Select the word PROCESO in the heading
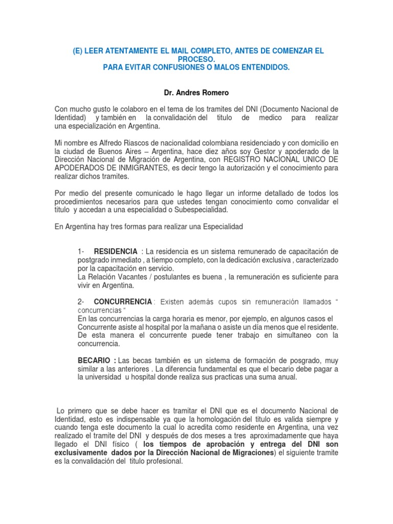point(196,60)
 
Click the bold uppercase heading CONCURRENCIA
point(123,302)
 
